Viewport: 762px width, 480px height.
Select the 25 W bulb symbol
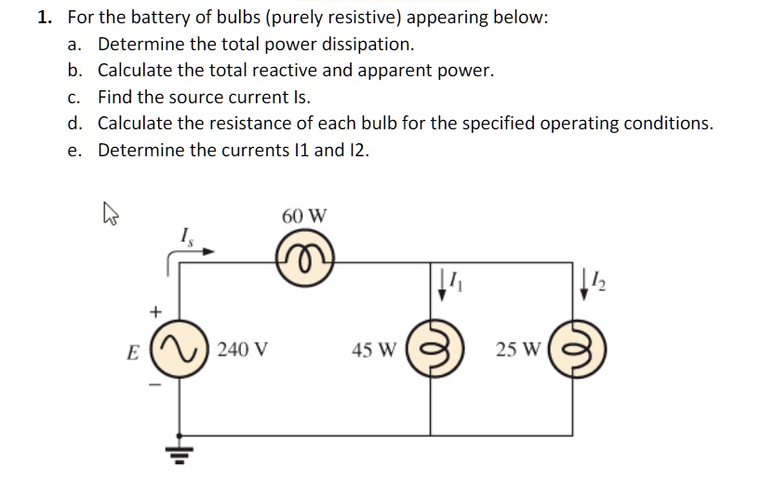click(x=569, y=351)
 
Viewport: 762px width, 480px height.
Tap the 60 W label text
click(x=304, y=216)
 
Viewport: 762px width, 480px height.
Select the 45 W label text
click(x=375, y=351)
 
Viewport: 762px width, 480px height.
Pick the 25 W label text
click(x=515, y=351)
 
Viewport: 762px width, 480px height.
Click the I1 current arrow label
click(x=449, y=279)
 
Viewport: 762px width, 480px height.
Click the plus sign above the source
click(x=155, y=309)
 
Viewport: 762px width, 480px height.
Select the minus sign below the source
click(x=155, y=388)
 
